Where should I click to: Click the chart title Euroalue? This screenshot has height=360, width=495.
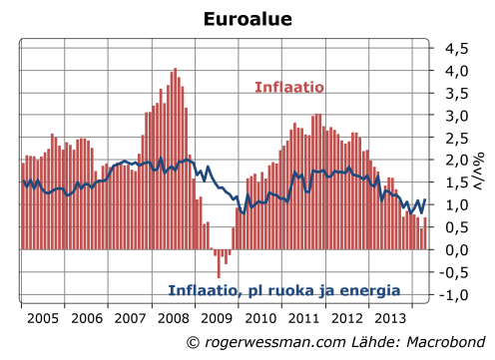247,19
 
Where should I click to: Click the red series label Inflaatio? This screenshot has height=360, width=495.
288,88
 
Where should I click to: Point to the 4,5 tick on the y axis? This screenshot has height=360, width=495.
456,48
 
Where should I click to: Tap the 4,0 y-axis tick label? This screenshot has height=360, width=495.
456,71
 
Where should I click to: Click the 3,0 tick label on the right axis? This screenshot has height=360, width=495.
456,116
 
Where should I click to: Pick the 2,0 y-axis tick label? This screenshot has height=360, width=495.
456,161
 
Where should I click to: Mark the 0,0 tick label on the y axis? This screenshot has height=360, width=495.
456,250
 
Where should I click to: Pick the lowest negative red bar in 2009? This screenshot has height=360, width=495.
219,263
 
